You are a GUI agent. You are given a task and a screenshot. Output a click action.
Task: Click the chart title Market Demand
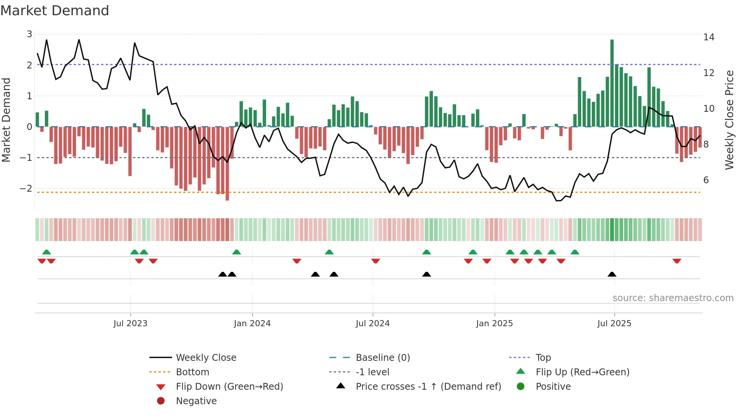pyautogui.click(x=55, y=10)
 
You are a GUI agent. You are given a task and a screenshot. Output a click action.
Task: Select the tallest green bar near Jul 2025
pyautogui.click(x=612, y=83)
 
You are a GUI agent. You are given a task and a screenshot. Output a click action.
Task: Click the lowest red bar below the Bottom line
pyautogui.click(x=227, y=163)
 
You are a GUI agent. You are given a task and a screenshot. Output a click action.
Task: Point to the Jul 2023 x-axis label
pyautogui.click(x=130, y=324)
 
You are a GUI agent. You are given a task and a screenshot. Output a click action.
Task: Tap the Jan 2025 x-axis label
pyautogui.click(x=494, y=324)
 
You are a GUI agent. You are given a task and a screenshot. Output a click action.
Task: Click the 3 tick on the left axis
pyautogui.click(x=29, y=34)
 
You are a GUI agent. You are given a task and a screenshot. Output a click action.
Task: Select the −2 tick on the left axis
pyautogui.click(x=26, y=189)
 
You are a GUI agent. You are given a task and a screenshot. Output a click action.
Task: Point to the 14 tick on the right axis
pyautogui.click(x=709, y=37)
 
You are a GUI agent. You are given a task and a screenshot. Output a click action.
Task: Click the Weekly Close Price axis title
pyautogui.click(x=729, y=120)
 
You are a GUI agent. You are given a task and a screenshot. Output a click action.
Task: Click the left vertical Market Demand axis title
pyautogui.click(x=6, y=120)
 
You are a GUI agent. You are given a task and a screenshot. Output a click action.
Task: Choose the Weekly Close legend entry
pyautogui.click(x=206, y=358)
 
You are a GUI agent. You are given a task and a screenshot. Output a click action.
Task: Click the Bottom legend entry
pyautogui.click(x=192, y=372)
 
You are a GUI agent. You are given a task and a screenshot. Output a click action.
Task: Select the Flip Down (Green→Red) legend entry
pyautogui.click(x=229, y=387)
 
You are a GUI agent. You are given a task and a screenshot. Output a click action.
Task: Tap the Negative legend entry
pyautogui.click(x=196, y=401)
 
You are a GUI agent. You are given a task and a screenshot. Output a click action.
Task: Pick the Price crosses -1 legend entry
pyautogui.click(x=428, y=387)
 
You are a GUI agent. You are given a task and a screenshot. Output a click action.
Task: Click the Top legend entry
pyautogui.click(x=543, y=358)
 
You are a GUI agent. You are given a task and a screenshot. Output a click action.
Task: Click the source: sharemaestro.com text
pyautogui.click(x=673, y=298)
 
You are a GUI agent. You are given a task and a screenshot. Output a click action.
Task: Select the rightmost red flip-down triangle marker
pyautogui.click(x=677, y=261)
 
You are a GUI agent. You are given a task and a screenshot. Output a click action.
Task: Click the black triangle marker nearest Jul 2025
pyautogui.click(x=612, y=274)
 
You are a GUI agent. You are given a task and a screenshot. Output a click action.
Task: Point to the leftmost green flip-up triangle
pyautogui.click(x=46, y=252)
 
